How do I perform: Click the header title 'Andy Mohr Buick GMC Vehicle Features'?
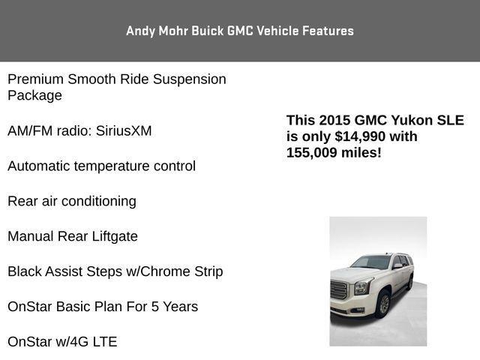[x=240, y=31]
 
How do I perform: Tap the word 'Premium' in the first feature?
[x=35, y=79]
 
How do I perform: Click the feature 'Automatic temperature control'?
[x=101, y=166]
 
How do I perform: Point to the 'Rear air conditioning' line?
[x=72, y=202]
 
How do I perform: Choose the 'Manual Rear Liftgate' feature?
[x=73, y=237]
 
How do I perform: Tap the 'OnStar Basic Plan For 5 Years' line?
[x=103, y=307]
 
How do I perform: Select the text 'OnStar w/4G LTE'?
[x=62, y=342]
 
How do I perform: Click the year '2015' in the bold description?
[x=334, y=120]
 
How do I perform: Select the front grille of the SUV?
[x=340, y=291]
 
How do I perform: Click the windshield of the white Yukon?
[x=370, y=263]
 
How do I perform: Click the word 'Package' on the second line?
[x=34, y=96]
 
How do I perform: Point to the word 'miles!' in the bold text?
[x=364, y=152]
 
